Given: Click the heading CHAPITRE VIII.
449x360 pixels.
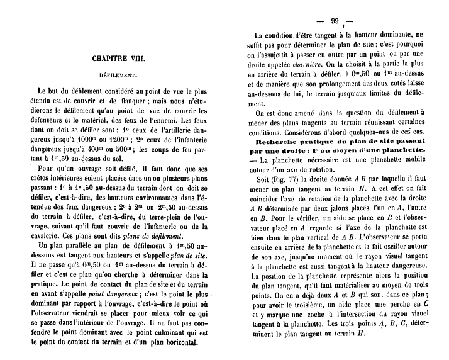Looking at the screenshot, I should (x=119, y=58).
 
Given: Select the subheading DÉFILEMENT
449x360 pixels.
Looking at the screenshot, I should (x=118, y=74).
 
